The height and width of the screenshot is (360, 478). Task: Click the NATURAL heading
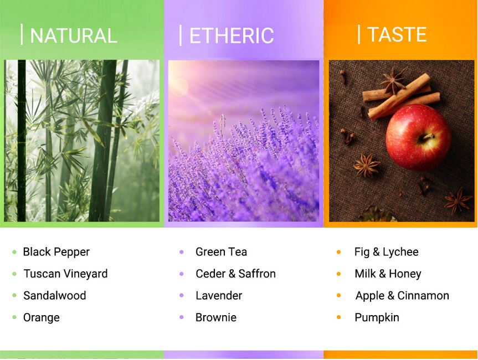[74, 35]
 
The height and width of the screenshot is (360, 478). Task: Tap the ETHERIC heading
[232, 35]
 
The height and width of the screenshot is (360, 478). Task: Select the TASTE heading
[397, 34]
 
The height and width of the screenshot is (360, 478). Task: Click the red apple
[418, 137]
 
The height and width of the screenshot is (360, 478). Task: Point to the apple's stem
[428, 136]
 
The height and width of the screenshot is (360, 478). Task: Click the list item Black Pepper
[56, 252]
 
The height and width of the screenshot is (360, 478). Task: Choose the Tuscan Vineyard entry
[65, 274]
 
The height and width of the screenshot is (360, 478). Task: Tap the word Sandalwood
[55, 295]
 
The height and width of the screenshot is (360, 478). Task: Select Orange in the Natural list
[42, 317]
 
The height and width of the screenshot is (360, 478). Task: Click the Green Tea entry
[221, 252]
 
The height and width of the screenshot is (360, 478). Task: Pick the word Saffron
[257, 274]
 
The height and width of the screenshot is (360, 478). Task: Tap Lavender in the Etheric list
[219, 295]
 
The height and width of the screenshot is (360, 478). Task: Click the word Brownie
[216, 317]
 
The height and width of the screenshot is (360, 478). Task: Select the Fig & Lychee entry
[386, 252]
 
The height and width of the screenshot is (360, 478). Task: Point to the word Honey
[405, 274]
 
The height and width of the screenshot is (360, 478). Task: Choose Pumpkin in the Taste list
[377, 317]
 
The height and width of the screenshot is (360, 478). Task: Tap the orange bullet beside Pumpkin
[338, 317]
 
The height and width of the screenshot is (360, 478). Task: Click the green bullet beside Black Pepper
[14, 252]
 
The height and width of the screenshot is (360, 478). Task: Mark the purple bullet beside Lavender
[181, 295]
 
